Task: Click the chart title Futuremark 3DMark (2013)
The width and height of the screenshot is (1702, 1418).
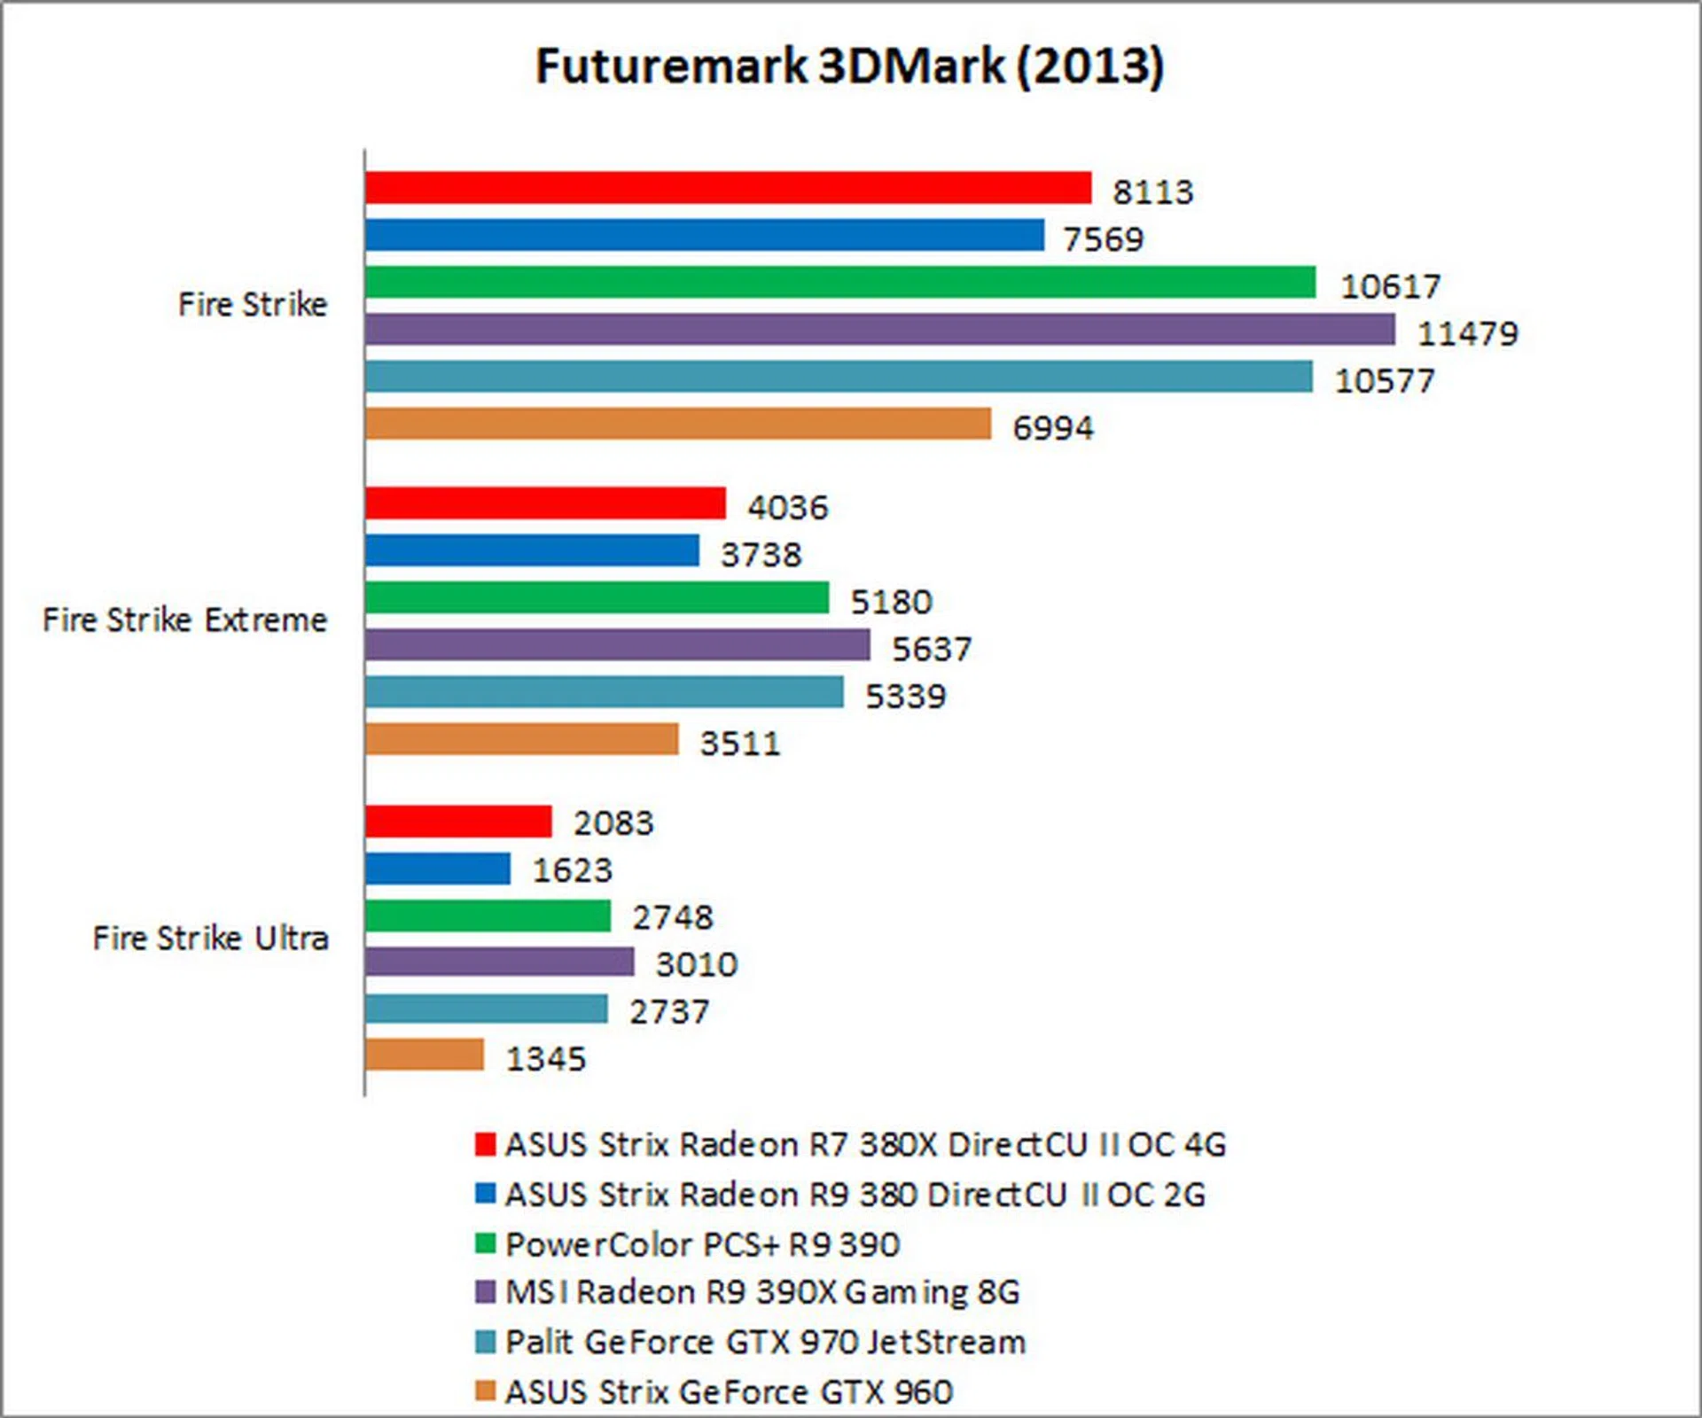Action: coord(849,66)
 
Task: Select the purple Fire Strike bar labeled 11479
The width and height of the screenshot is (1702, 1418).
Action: coord(879,330)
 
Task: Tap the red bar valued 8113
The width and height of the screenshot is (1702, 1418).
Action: coord(728,188)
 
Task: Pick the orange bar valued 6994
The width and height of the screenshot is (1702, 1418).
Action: coord(678,424)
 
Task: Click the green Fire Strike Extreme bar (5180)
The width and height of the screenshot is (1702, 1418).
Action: coord(597,597)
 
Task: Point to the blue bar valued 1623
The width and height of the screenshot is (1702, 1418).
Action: coord(438,869)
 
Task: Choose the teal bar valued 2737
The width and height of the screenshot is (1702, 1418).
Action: coord(487,1009)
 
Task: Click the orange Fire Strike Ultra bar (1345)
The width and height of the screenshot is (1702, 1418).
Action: coord(425,1055)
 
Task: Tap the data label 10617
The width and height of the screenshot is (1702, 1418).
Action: coord(1390,286)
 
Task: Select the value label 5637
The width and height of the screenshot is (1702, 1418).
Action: coord(932,649)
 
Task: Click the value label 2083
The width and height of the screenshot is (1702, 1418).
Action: coord(613,823)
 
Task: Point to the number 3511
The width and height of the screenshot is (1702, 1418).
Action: coord(740,744)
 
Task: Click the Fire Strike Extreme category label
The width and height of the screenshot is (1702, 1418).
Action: coord(185,620)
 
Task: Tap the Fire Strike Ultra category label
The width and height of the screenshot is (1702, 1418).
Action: coord(211,938)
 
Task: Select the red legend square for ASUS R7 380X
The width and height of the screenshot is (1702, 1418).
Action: coord(485,1144)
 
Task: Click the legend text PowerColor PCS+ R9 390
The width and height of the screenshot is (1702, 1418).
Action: coord(702,1245)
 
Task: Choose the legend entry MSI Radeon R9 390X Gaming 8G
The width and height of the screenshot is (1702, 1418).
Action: coord(762,1292)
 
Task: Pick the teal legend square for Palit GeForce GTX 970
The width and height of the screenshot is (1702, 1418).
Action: coord(485,1342)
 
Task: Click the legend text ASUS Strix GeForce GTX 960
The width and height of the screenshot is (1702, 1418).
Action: coord(729,1392)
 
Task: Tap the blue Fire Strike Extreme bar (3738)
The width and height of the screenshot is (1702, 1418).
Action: coord(532,550)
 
